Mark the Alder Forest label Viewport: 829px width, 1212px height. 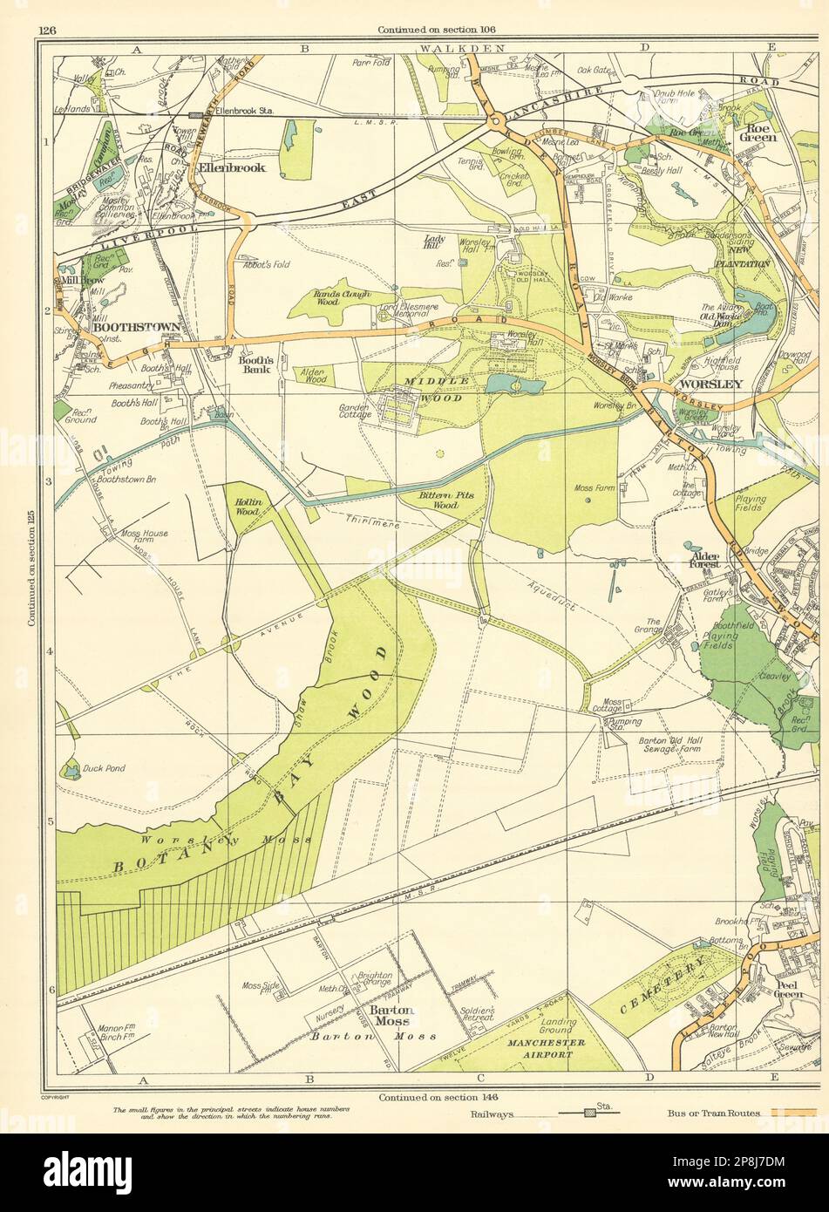[704, 558]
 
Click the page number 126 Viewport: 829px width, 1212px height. [47, 31]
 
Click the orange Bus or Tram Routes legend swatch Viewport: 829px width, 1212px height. [792, 1113]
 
